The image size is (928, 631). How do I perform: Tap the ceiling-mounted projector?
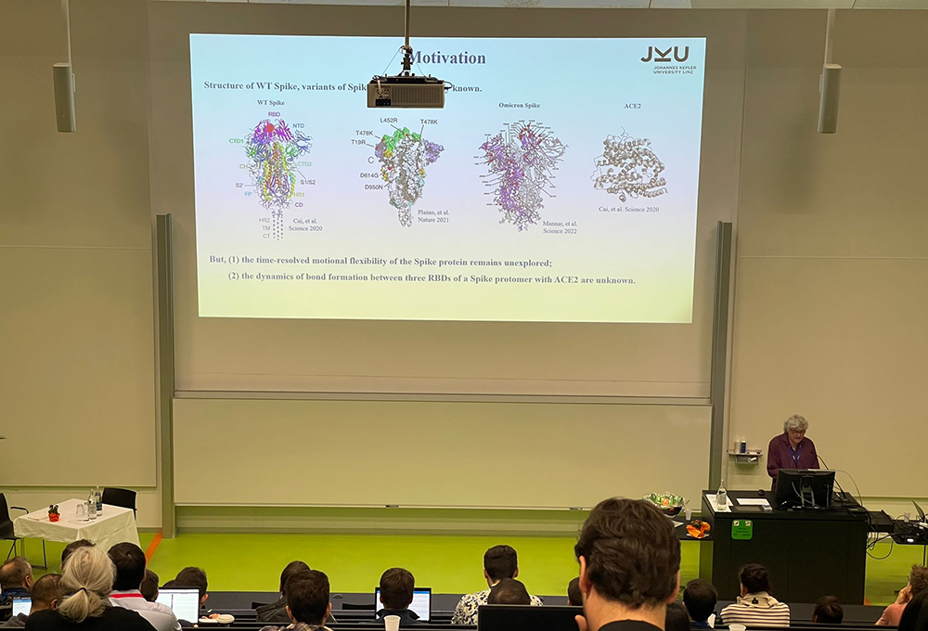click(x=406, y=92)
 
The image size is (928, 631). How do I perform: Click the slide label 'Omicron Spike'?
click(x=519, y=105)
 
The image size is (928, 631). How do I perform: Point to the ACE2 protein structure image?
click(x=630, y=168)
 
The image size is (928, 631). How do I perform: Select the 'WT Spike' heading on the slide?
click(x=271, y=102)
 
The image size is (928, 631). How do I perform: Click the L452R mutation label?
click(x=388, y=121)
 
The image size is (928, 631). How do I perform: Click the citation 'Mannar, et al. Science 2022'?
click(x=560, y=226)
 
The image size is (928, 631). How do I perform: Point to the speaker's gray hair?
click(x=796, y=423)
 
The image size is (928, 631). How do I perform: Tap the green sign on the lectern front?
click(x=741, y=529)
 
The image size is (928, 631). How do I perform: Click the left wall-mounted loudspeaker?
click(x=64, y=97)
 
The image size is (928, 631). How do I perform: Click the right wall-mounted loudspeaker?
click(x=829, y=98)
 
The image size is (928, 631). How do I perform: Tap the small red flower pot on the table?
click(x=54, y=512)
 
